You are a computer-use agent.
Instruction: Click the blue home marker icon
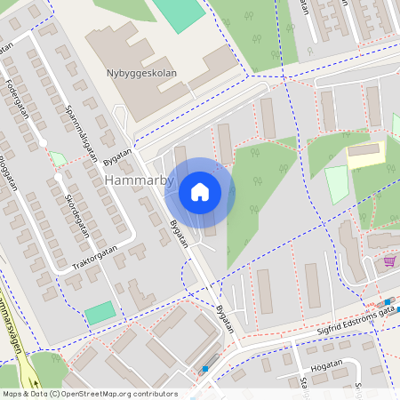pyautogui.click(x=200, y=191)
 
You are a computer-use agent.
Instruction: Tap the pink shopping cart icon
pyautogui.click(x=389, y=261)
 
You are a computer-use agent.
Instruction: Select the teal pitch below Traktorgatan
pyautogui.click(x=100, y=313)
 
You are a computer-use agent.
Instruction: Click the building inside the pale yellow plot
pyautogui.click(x=362, y=152)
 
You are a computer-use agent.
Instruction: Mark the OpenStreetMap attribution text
pyautogui.click(x=89, y=394)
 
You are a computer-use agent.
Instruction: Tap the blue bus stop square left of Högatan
pyautogui.click(x=204, y=368)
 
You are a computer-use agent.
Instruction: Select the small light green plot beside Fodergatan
pyautogui.click(x=58, y=158)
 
